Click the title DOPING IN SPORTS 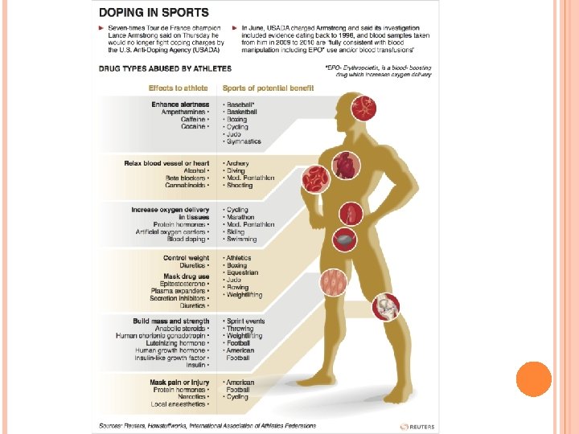pos(153,13)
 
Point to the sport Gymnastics pos(243,141)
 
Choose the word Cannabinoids pos(186,185)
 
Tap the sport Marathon pos(240,217)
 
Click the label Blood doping pos(186,239)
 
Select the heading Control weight pos(186,258)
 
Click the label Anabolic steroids pos(179,328)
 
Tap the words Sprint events pos(245,321)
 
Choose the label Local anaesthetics pos(179,404)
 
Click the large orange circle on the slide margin pos(533,379)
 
